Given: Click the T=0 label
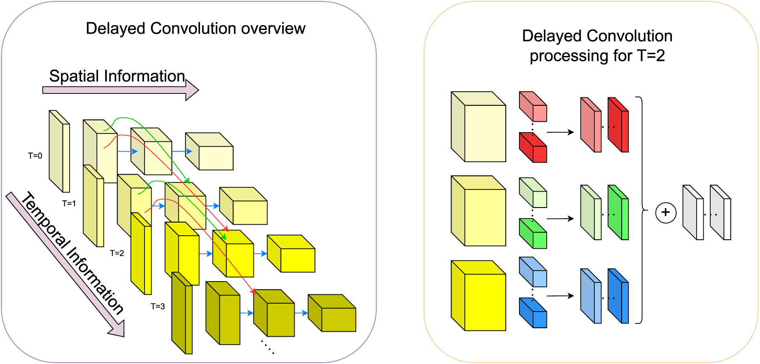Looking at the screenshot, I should tap(35, 156).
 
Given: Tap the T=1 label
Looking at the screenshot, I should tap(69, 203).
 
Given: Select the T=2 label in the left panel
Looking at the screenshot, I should tap(117, 253).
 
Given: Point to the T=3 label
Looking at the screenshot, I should tap(158, 306).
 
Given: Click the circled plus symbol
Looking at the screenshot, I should tap(666, 213).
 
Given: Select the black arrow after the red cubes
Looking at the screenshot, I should tap(560, 132).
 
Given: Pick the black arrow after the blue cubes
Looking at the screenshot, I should tap(560, 296).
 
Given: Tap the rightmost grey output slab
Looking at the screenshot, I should tap(721, 213).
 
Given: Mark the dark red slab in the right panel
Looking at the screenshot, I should tap(619, 125).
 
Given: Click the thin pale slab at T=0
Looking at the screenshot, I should tap(59, 152).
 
